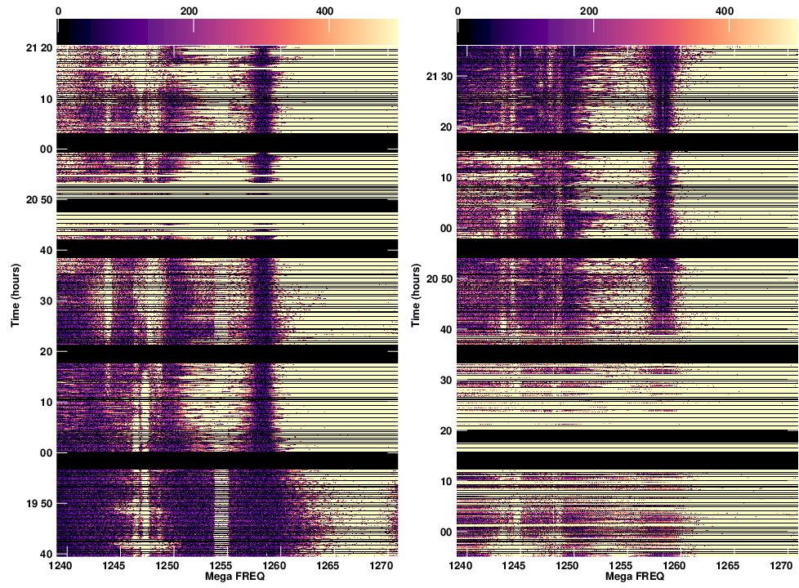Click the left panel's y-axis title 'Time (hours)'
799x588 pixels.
tap(16, 295)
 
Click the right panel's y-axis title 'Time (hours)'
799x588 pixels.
tap(416, 295)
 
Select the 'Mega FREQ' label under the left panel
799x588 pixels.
tap(230, 577)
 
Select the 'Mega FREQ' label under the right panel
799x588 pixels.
tap(630, 577)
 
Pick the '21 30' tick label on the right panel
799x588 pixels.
tap(440, 77)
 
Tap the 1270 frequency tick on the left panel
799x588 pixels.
tap(382, 565)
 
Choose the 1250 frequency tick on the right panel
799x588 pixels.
tap(568, 565)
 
